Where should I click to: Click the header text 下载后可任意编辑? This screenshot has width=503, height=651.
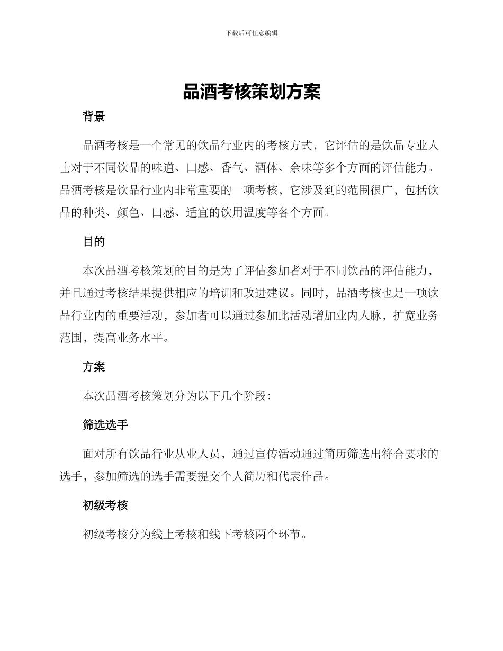pyautogui.click(x=251, y=33)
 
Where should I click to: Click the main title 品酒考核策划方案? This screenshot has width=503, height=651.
pyautogui.click(x=251, y=92)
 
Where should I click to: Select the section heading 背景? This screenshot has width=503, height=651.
pyautogui.click(x=94, y=117)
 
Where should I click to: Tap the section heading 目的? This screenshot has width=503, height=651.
pyautogui.click(x=94, y=242)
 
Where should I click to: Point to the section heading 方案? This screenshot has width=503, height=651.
pyautogui.click(x=94, y=367)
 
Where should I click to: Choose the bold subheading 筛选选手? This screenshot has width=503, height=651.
pyautogui.click(x=105, y=424)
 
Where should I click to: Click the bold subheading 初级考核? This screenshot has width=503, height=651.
pyautogui.click(x=105, y=505)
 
